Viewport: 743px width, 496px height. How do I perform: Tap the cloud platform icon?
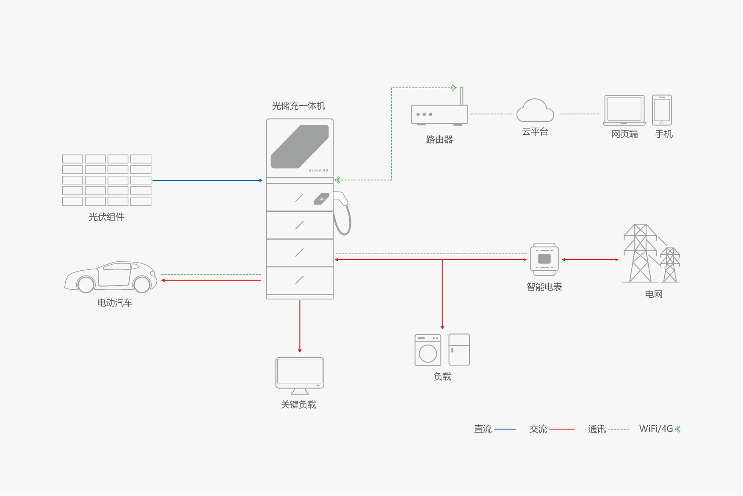click(x=535, y=111)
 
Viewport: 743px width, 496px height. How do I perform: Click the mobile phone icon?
click(x=662, y=110)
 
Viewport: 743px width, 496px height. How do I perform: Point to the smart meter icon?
click(x=544, y=259)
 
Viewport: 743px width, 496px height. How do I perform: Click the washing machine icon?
click(x=428, y=350)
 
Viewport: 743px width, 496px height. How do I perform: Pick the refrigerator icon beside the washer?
click(x=459, y=349)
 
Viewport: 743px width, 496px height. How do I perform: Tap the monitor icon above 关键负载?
click(x=300, y=373)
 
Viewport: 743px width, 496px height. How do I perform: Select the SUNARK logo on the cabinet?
click(x=318, y=170)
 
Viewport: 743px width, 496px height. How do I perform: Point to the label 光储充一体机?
click(x=298, y=106)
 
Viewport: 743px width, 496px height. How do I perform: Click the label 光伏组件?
click(x=107, y=217)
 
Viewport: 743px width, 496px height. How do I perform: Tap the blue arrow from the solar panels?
click(x=207, y=180)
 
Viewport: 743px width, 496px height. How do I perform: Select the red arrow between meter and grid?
click(x=590, y=260)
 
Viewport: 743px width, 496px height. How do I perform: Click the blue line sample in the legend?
click(x=505, y=429)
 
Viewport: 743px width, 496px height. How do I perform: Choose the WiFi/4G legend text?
click(x=656, y=429)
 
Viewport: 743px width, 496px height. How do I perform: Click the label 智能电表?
click(x=544, y=287)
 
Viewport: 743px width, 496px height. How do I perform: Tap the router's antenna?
click(x=461, y=96)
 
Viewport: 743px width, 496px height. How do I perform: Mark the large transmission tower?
click(x=640, y=254)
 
